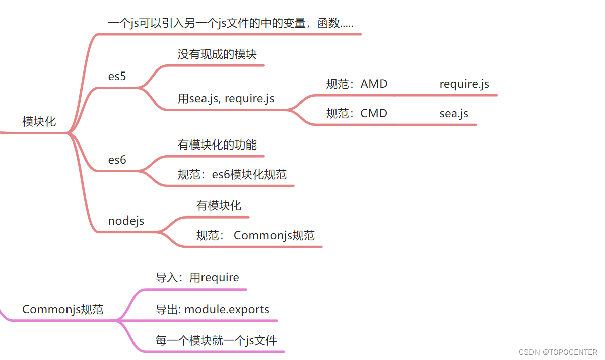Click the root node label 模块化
[x=39, y=121]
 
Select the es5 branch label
[x=117, y=77]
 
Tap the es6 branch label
[x=117, y=160]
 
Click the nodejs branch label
[x=126, y=221]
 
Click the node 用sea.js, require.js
[x=226, y=98]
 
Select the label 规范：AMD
[x=357, y=84]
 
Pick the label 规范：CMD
[x=357, y=113]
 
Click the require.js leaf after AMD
[x=464, y=84]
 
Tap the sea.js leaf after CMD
[x=454, y=113]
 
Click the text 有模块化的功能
[x=217, y=145]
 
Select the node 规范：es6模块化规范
[x=232, y=175]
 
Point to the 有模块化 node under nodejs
[x=219, y=205]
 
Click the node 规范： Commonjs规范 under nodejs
[x=255, y=235]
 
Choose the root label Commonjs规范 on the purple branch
[x=62, y=309]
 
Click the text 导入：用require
[x=197, y=277]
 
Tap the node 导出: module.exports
[x=212, y=309]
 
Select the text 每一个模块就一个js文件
[x=216, y=340]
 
